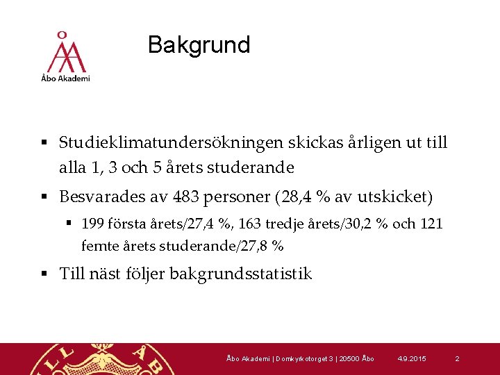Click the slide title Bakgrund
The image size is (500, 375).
[x=199, y=45]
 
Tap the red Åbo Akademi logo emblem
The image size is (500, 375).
[x=65, y=53]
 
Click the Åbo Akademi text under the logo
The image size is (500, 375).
[x=65, y=78]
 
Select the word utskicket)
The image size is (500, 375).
[x=394, y=198]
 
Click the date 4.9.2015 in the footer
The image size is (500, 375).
[x=412, y=358]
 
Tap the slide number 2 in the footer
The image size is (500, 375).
[x=457, y=358]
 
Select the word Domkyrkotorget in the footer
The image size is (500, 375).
[x=300, y=358]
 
